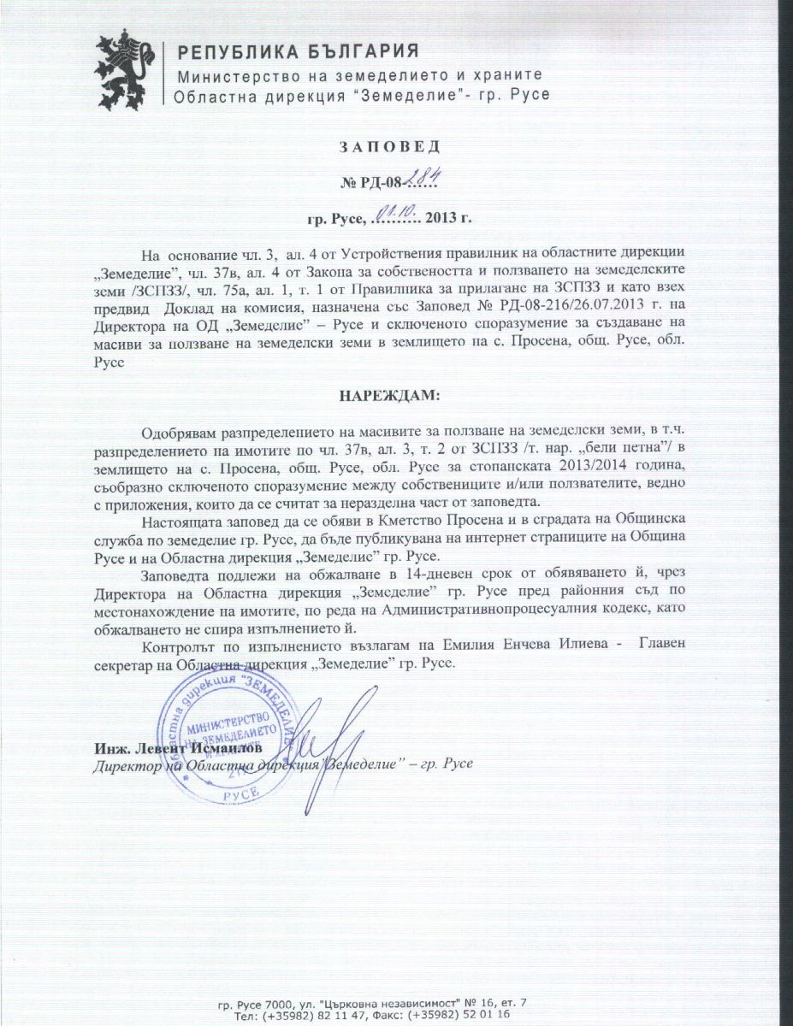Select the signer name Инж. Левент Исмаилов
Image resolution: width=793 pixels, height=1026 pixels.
[173, 749]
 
